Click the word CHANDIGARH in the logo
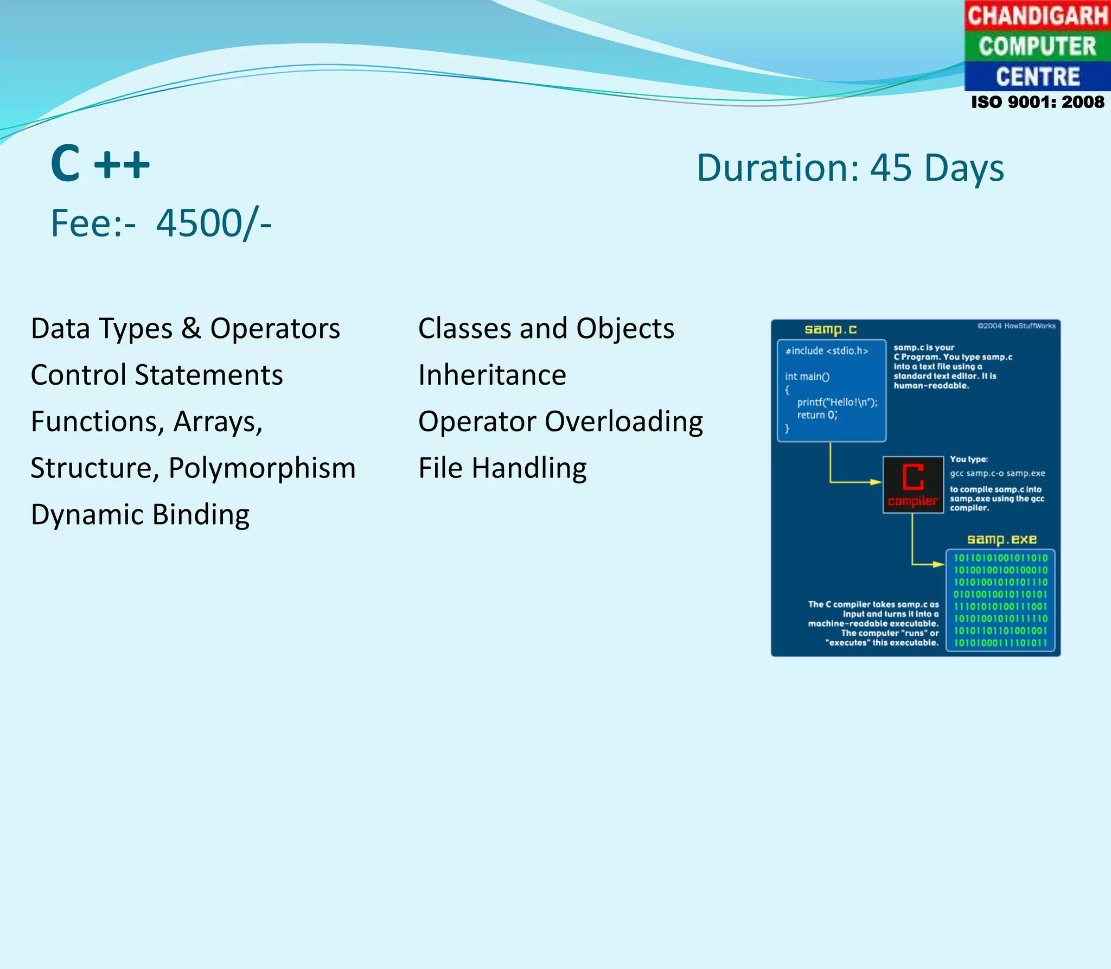1037,15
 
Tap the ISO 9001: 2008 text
1037,102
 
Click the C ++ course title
100,163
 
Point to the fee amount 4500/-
214,223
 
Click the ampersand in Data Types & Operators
191,328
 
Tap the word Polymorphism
262,468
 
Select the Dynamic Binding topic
140,514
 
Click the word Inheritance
492,375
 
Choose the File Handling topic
502,468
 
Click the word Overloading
623,422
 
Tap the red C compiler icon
913,484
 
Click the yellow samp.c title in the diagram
831,329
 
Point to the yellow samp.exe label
1001,539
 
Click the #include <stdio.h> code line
827,351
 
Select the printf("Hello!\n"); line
837,402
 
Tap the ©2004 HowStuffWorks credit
1016,326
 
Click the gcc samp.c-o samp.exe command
997,473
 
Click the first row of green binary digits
1000,558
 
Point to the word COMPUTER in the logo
1037,46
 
